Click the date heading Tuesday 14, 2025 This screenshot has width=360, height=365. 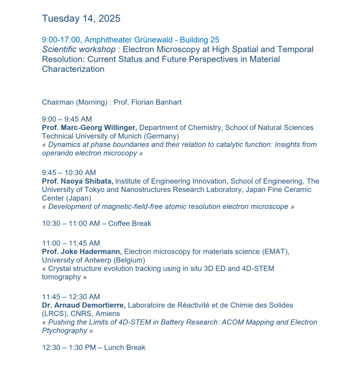81,19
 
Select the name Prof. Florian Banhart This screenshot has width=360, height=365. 147,102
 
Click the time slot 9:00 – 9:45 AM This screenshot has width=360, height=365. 67,119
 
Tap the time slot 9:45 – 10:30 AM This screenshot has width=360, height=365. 69,173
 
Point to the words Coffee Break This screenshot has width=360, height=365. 130,223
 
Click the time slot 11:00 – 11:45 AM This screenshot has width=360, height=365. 71,243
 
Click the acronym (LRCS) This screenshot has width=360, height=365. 54,314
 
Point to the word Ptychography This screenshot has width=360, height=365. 65,330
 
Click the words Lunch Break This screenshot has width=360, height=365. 125,348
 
